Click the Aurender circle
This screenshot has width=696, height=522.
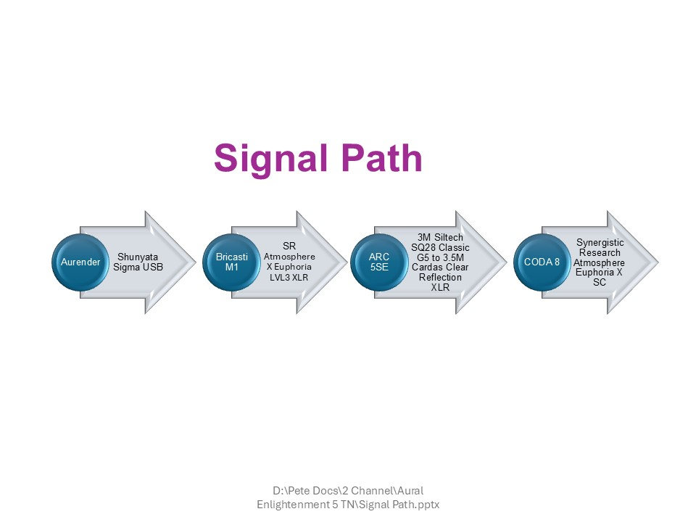click(x=80, y=262)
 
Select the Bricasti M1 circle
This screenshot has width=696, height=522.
click(x=232, y=262)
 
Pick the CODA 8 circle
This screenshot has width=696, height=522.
click(x=542, y=262)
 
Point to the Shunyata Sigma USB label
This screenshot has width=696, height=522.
click(x=138, y=262)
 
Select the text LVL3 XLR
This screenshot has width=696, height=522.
click(x=289, y=278)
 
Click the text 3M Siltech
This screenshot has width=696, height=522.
click(x=440, y=237)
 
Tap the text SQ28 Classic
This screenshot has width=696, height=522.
click(x=440, y=247)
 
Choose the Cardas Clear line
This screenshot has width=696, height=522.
click(x=440, y=268)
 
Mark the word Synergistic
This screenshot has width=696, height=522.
click(x=600, y=242)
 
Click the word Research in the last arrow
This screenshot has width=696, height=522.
click(x=600, y=252)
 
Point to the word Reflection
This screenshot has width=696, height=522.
click(x=440, y=278)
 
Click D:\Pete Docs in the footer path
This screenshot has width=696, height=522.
click(x=297, y=489)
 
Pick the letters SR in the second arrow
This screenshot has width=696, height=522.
click(x=289, y=246)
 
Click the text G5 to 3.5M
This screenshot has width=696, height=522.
click(x=440, y=257)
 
